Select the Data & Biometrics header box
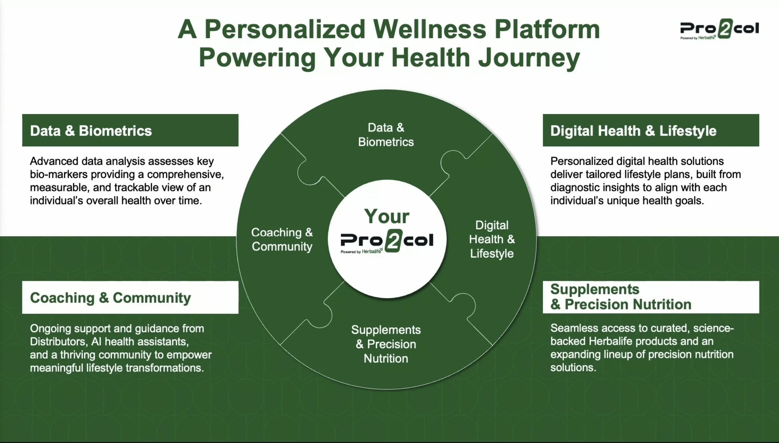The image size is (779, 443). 130,130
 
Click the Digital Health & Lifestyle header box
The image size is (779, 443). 651,130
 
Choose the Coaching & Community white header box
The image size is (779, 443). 130,297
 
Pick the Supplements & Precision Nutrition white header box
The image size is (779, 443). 651,297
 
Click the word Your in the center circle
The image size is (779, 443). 387,216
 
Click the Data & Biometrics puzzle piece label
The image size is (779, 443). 386,135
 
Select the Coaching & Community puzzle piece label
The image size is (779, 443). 282,239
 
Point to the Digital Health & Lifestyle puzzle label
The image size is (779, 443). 492,239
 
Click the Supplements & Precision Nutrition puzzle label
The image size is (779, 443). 386,344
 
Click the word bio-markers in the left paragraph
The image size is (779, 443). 58,174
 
